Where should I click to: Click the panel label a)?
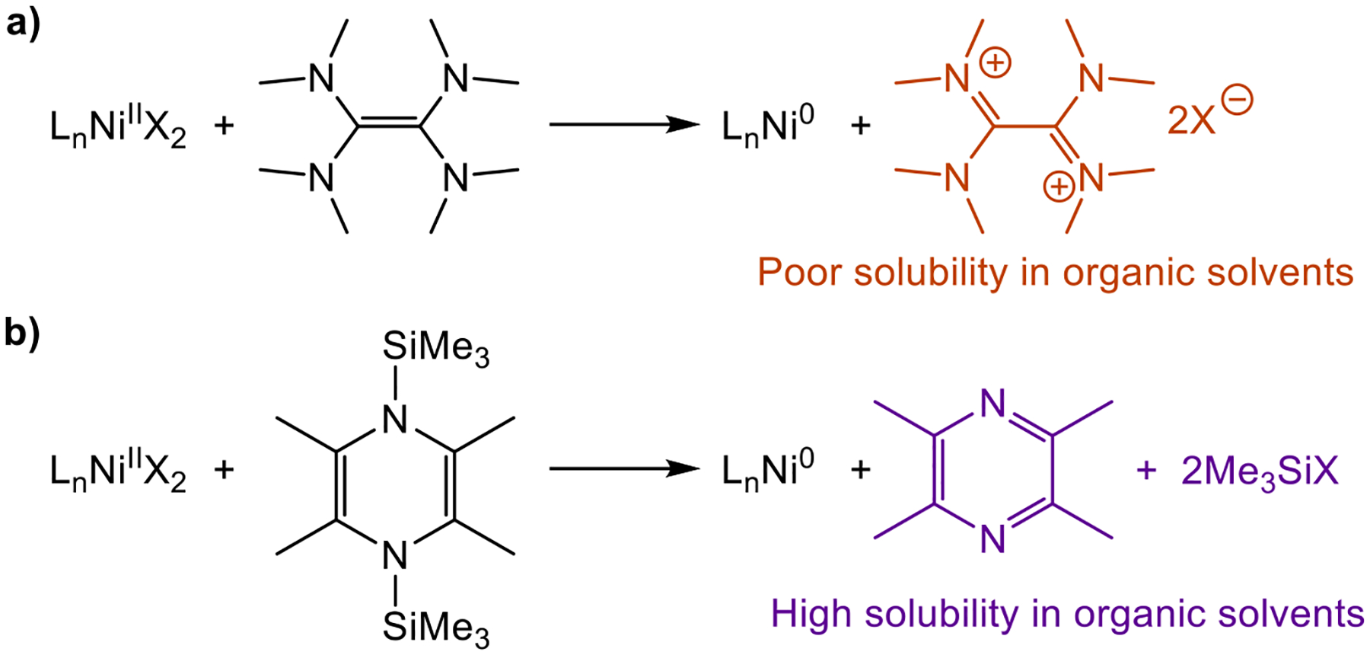pos(23,24)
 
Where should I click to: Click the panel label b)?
pos(23,332)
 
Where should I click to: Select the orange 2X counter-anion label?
pos(1192,120)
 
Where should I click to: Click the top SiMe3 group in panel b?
pos(435,349)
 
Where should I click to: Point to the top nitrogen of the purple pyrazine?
pos(993,404)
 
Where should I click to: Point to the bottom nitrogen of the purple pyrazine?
pos(993,539)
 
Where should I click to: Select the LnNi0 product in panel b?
pos(767,468)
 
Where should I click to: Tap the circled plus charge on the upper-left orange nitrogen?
pos(996,62)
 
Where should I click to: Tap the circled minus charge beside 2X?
pos(1237,100)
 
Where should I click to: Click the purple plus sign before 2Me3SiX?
pos(1146,471)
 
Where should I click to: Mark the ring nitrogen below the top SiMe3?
pos(395,420)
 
